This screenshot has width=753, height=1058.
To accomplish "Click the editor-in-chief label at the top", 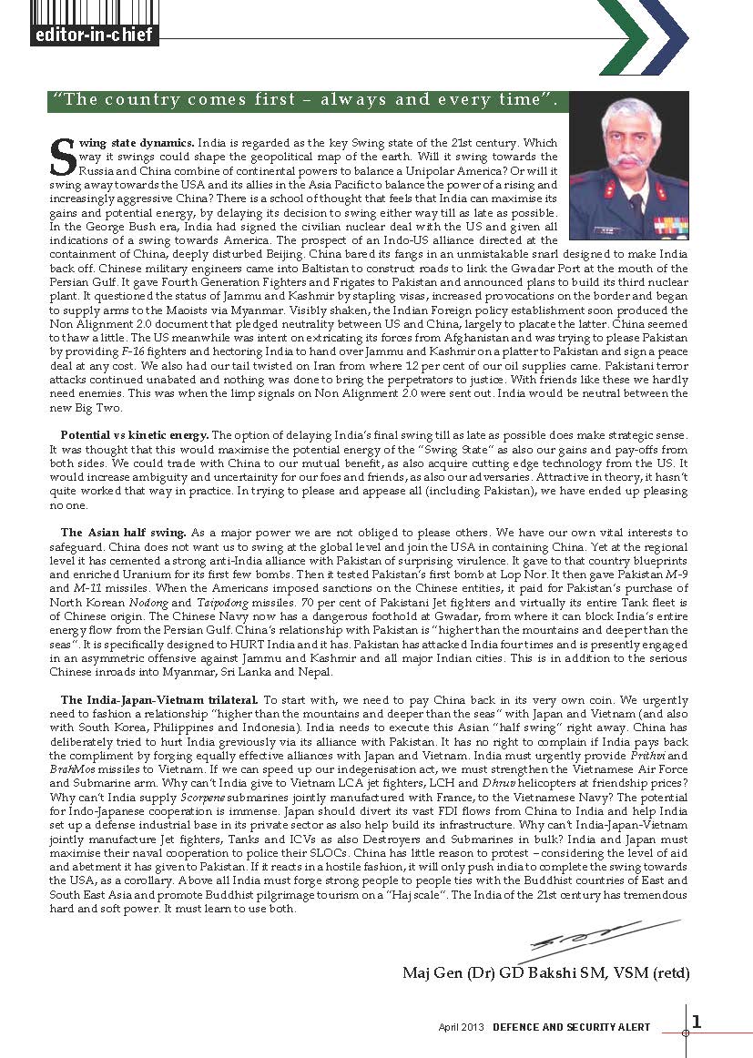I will click(94, 36).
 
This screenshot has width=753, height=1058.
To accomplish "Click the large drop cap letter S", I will click(62, 157).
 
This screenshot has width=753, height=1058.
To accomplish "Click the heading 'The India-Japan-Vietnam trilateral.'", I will click(159, 698).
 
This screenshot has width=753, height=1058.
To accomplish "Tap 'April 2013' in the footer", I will click(462, 1027).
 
